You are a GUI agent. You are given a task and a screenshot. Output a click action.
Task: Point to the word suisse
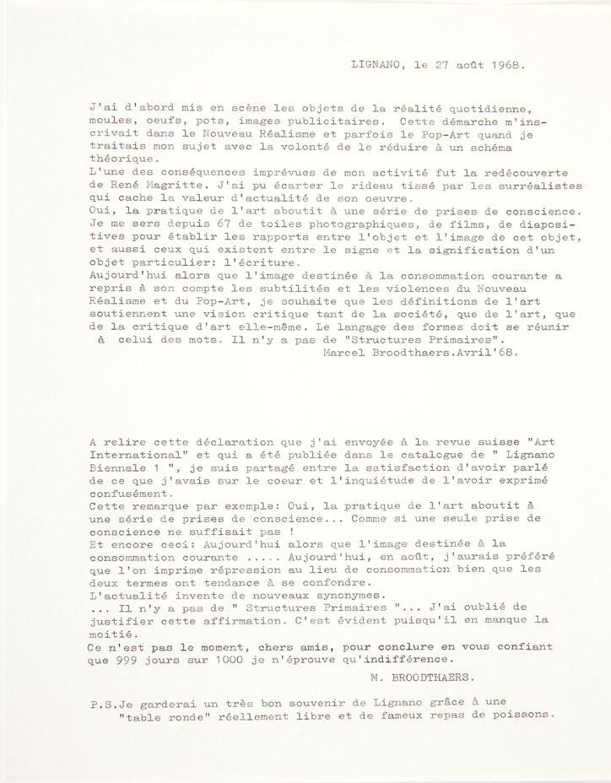click(463, 442)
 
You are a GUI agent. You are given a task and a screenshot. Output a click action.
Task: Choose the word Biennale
click(123, 469)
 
